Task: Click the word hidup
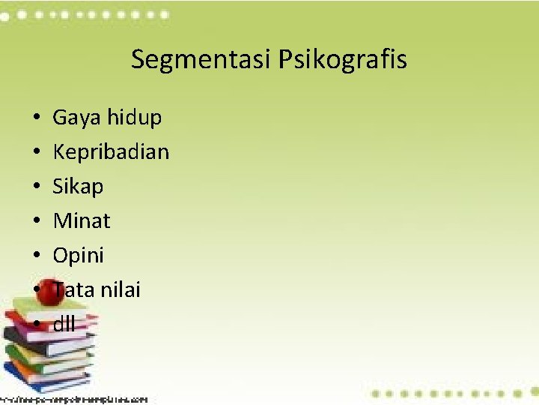pos(134,118)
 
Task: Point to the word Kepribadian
pos(111,152)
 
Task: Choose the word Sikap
pos(78,187)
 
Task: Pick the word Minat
pos(81,220)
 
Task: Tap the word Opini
pos(78,256)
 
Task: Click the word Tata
pos(72,289)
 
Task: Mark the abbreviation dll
pos(64,324)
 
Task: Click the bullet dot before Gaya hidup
pos(36,118)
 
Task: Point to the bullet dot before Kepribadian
pos(36,153)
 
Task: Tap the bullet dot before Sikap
pos(36,187)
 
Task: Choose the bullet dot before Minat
pos(36,222)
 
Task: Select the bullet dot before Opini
pos(36,256)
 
